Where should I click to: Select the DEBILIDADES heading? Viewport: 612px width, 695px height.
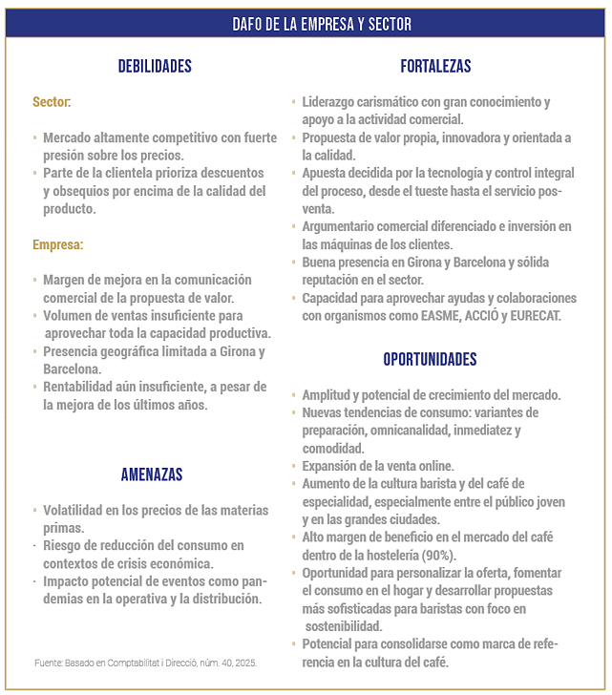click(155, 67)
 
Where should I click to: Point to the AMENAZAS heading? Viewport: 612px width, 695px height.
click(152, 474)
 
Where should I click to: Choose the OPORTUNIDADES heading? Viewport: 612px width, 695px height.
click(430, 360)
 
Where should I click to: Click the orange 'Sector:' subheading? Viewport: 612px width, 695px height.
click(52, 101)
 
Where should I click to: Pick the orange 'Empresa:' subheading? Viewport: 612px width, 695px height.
click(57, 244)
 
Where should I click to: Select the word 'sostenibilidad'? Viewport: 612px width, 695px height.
click(344, 626)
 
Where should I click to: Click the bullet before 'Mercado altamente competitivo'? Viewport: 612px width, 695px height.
click(33, 137)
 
